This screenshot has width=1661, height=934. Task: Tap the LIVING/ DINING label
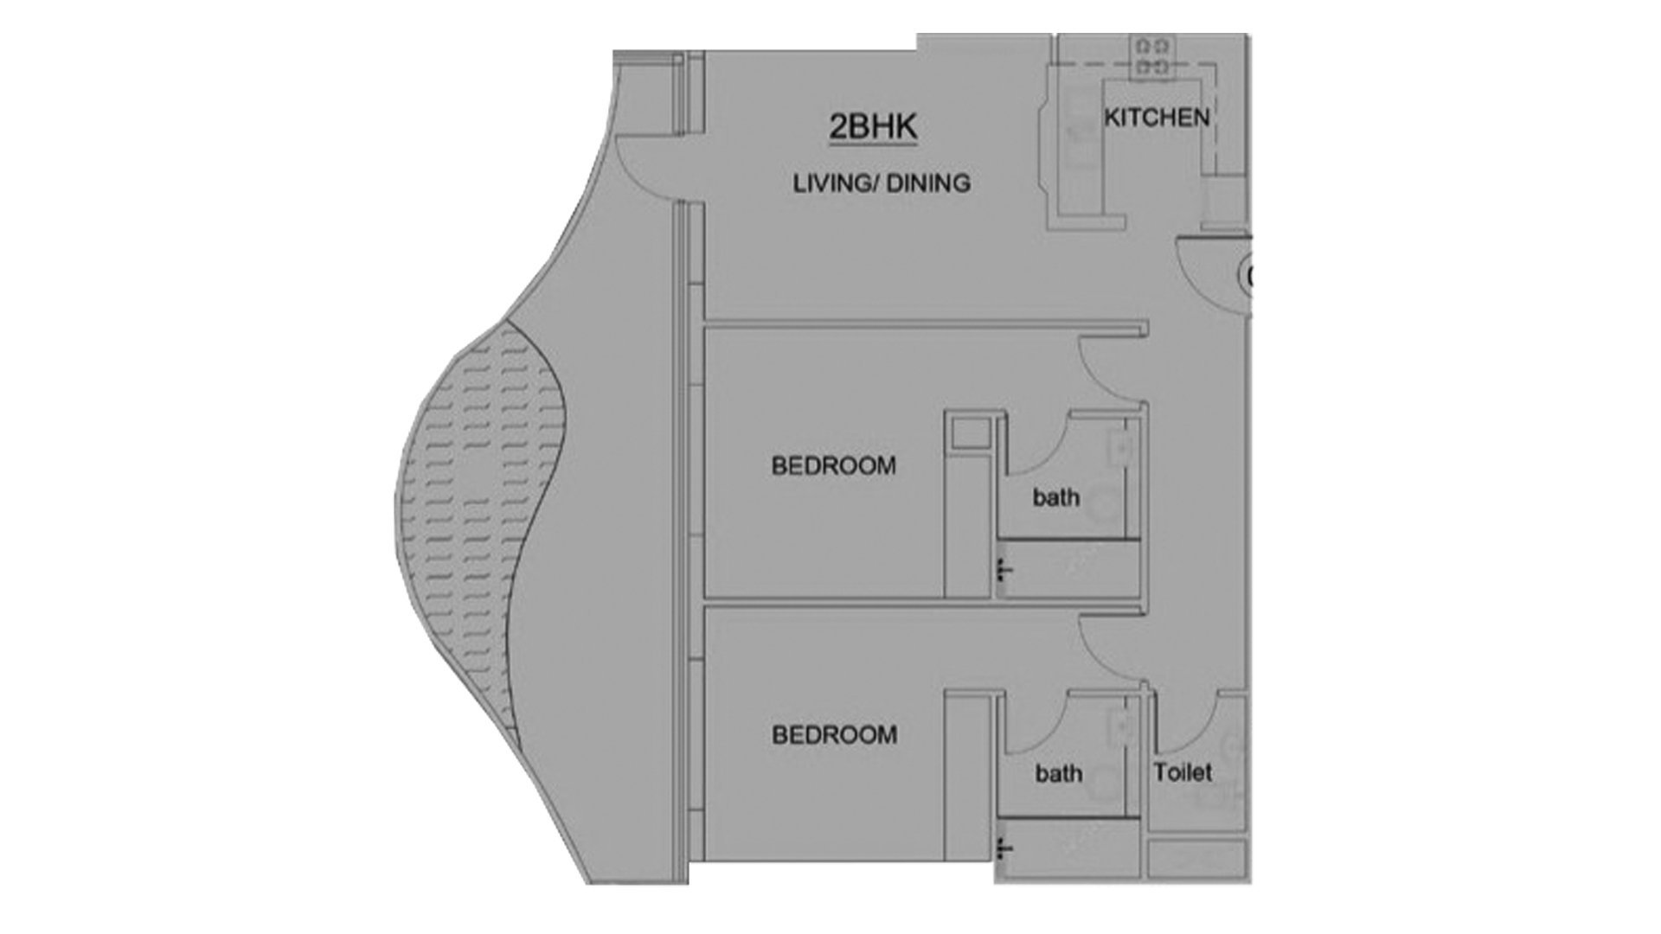(882, 183)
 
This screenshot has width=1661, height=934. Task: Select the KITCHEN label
(1157, 118)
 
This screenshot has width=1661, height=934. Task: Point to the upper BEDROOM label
(833, 466)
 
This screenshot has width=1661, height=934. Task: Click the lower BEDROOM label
(834, 735)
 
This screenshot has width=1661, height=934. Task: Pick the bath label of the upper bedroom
(1056, 497)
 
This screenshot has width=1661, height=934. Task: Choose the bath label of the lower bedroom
(1059, 772)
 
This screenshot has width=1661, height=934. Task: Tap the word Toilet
(1183, 772)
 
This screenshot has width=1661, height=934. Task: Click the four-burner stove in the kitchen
(1153, 55)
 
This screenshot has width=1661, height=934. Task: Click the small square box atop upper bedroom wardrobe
(971, 432)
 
